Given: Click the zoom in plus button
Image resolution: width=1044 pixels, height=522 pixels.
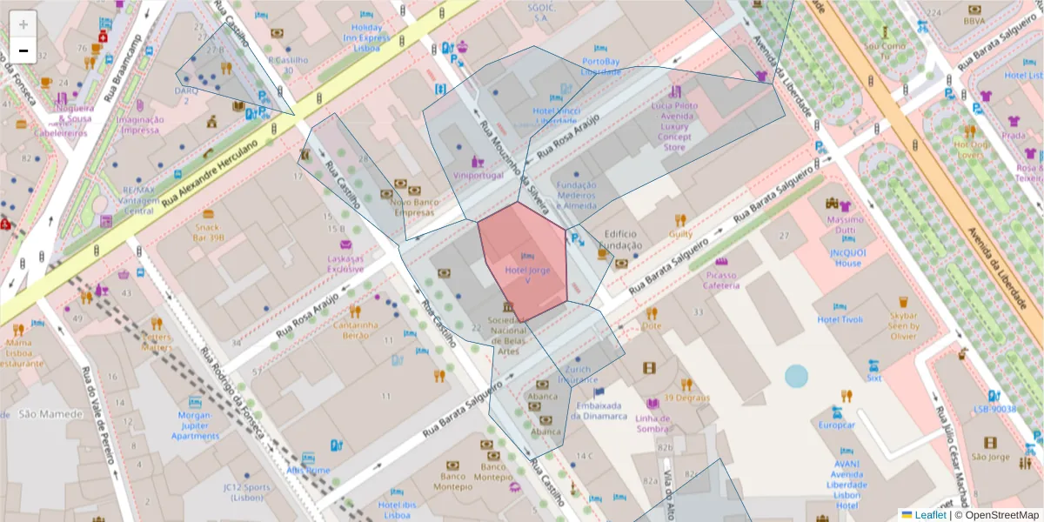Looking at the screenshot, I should click(x=23, y=24).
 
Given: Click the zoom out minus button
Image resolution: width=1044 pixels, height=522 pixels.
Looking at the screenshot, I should click(x=23, y=50).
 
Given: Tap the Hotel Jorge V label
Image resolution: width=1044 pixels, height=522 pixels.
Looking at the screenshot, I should click(x=527, y=271).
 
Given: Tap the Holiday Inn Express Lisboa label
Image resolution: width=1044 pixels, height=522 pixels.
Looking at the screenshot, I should click(x=366, y=38).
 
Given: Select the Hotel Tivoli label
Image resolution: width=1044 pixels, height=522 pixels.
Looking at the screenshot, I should click(x=840, y=319).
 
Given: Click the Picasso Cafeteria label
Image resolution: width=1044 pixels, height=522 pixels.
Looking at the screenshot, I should click(x=720, y=280).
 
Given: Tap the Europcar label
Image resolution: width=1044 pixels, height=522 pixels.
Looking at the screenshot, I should click(x=837, y=425).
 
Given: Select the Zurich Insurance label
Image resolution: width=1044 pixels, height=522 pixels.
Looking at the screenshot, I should click(x=578, y=375).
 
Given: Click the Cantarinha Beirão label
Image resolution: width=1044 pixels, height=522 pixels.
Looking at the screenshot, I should click(x=356, y=330).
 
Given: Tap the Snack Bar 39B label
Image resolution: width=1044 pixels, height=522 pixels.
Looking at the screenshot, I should click(x=208, y=232).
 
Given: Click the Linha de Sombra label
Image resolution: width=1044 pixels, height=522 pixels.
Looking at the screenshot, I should click(x=652, y=423).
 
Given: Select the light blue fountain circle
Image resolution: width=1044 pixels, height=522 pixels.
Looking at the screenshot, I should click(x=796, y=376).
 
